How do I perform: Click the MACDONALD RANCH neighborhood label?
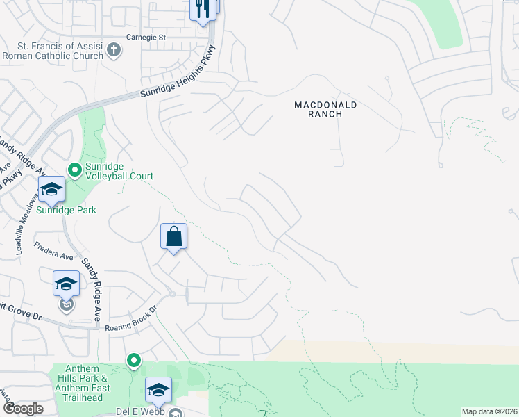pyautogui.click(x=325, y=109)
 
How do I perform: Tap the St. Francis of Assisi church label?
pyautogui.click(x=53, y=50)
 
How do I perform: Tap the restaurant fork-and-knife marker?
pyautogui.click(x=202, y=9)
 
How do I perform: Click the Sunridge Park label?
pyautogui.click(x=67, y=209)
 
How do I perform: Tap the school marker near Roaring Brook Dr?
pyautogui.click(x=66, y=284)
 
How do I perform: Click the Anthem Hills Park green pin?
pyautogui.click(x=133, y=361)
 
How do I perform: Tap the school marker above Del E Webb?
pyautogui.click(x=158, y=390)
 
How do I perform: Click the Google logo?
pyautogui.click(x=23, y=409)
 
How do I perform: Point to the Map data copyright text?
pyautogui.click(x=489, y=411)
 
